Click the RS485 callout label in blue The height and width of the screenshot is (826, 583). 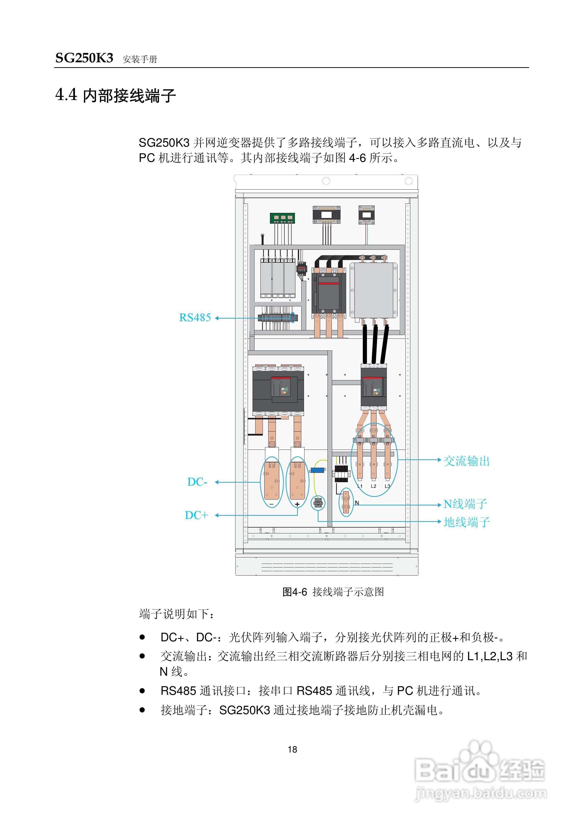click(x=195, y=318)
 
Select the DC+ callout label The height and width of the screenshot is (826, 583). click(x=196, y=515)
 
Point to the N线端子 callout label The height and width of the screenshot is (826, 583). click(x=465, y=504)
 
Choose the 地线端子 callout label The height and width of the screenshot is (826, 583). click(x=467, y=522)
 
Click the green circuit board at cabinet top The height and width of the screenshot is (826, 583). click(x=282, y=218)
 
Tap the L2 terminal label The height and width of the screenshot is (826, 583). click(x=374, y=486)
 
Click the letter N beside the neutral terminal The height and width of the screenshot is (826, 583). click(x=357, y=503)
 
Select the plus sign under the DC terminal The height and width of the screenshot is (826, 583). click(x=297, y=504)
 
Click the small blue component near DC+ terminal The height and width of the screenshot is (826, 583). click(x=317, y=470)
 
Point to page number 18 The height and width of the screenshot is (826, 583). click(x=292, y=749)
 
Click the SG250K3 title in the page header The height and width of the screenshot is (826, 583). click(x=84, y=58)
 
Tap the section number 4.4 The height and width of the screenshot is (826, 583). click(x=66, y=95)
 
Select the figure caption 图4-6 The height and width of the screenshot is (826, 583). click(x=295, y=592)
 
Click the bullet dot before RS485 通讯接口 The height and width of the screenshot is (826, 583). click(x=142, y=691)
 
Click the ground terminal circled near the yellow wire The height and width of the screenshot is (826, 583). click(x=318, y=503)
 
